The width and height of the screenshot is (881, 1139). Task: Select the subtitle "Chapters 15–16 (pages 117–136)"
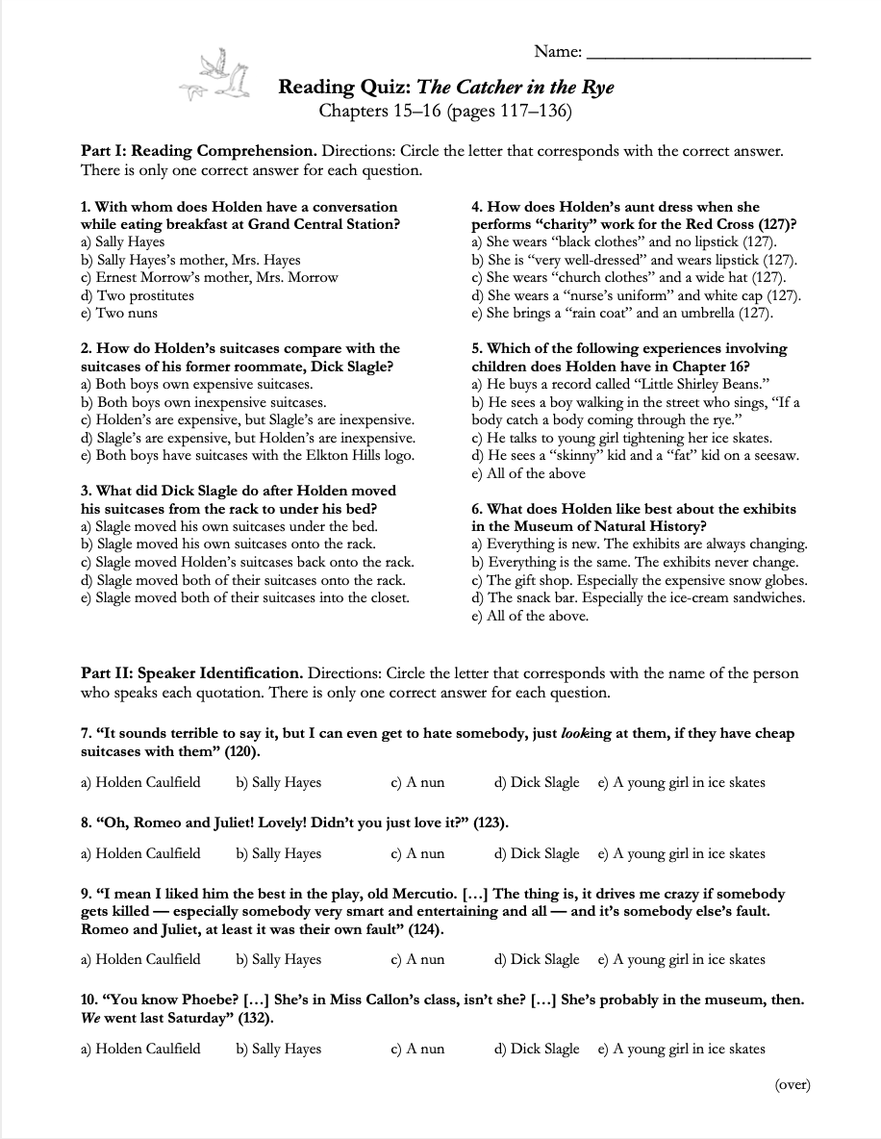click(x=445, y=112)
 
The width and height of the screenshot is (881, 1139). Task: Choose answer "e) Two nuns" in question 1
click(x=119, y=314)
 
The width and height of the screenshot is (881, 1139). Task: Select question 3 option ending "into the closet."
click(x=244, y=597)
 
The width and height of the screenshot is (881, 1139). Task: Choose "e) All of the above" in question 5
click(x=528, y=473)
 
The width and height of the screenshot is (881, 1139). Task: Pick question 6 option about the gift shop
click(x=639, y=580)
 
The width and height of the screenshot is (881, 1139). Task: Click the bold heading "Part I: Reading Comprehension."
click(x=199, y=152)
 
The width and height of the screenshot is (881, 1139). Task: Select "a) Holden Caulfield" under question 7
click(x=141, y=782)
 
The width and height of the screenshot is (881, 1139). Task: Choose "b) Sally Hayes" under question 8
click(x=278, y=853)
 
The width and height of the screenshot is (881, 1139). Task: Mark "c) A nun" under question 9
click(x=417, y=959)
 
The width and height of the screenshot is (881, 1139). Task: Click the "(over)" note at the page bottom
click(x=793, y=1084)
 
